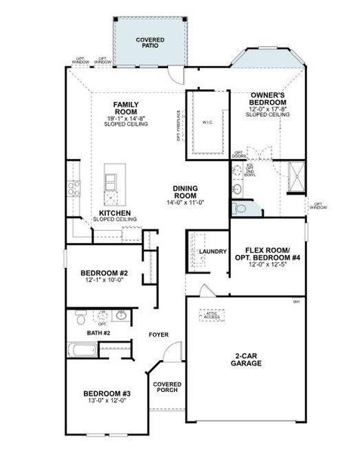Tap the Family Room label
[x=126, y=107]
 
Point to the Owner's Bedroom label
[x=268, y=98]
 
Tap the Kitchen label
[x=115, y=213]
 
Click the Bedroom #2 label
[x=104, y=273]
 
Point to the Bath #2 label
[x=98, y=333]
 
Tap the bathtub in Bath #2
[x=82, y=350]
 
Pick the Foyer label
[x=158, y=334]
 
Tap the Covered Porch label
[x=166, y=387]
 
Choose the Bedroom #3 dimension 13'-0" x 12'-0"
[x=107, y=401]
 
